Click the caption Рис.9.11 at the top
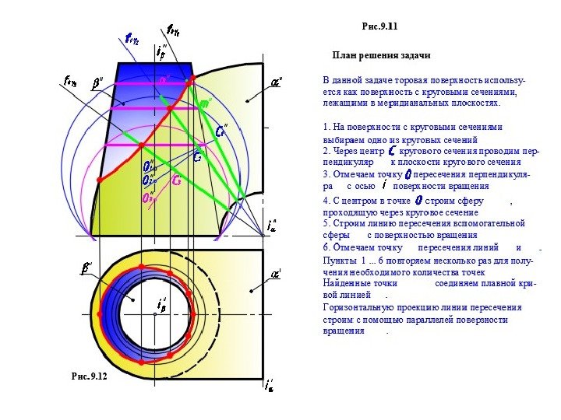[379, 26]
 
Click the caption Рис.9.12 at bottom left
[88, 376]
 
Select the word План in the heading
[344, 56]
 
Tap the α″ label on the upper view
[276, 81]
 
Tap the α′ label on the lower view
[276, 274]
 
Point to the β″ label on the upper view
[97, 82]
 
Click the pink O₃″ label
[148, 198]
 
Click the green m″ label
[206, 103]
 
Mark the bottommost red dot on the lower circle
[142, 362]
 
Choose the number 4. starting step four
[326, 201]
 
